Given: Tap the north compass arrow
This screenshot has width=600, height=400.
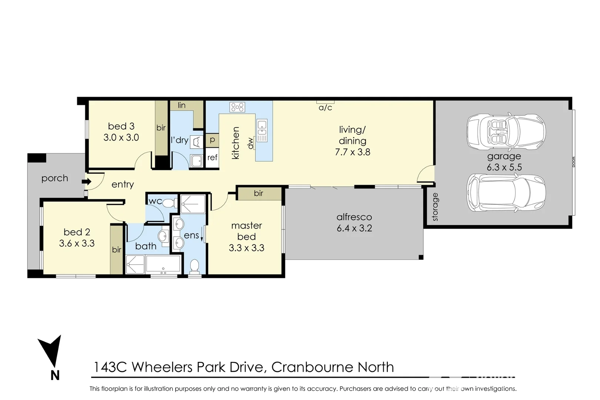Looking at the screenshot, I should click(x=50, y=351).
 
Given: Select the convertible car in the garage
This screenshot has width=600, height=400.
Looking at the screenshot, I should click(x=506, y=131).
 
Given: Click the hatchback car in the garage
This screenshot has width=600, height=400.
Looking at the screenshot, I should click(x=506, y=193).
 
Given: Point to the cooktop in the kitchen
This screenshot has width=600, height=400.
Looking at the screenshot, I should click(x=237, y=107).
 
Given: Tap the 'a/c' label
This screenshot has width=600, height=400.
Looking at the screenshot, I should click(x=326, y=108).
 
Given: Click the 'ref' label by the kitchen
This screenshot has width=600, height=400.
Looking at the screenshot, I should click(x=212, y=157).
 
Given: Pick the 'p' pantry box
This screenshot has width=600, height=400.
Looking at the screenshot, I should click(x=212, y=140).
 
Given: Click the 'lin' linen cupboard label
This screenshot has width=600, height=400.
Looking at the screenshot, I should click(x=181, y=106).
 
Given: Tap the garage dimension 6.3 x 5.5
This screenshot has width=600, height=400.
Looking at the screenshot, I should click(x=504, y=167).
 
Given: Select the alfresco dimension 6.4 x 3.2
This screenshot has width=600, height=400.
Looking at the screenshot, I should click(x=354, y=228).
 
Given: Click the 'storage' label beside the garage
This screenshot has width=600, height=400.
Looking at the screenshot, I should click(x=435, y=207).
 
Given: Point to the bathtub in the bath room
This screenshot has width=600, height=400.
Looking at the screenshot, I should click(x=163, y=264).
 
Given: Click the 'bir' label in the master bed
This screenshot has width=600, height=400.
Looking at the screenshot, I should click(x=259, y=193).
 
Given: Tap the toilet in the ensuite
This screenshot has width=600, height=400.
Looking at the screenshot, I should click(x=194, y=266).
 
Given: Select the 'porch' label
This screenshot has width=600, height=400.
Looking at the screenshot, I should click(x=55, y=178).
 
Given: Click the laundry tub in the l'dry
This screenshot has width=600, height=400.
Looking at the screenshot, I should click(x=196, y=161).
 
